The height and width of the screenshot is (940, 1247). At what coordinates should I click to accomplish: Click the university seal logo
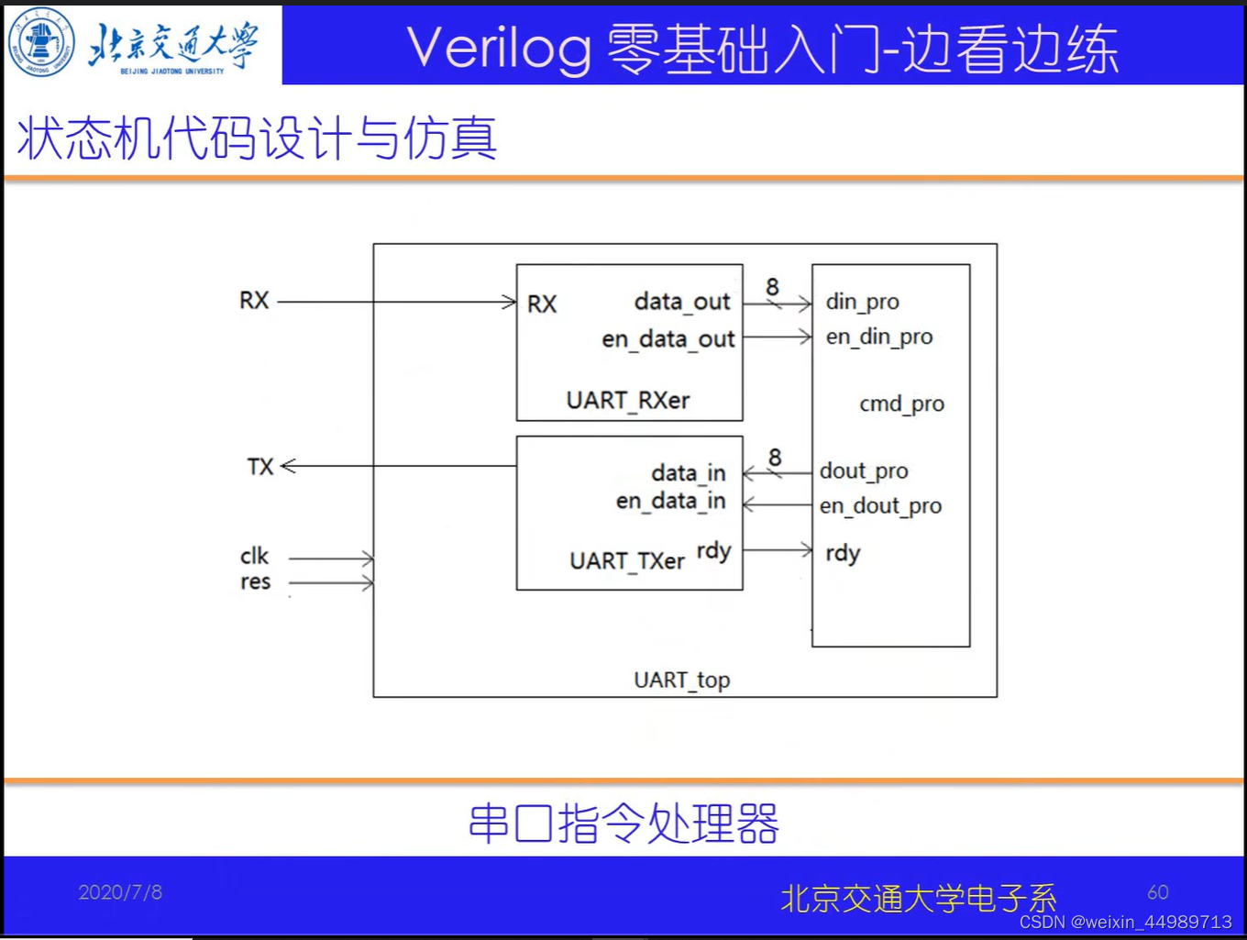point(41,43)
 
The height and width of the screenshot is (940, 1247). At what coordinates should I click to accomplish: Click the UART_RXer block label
point(628,401)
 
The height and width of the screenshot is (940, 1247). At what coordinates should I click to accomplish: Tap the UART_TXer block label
point(627,561)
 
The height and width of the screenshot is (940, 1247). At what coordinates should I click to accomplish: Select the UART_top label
point(681,680)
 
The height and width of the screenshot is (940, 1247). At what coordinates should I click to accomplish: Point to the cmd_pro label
point(901,404)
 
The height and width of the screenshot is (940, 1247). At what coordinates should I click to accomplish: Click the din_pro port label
point(862,302)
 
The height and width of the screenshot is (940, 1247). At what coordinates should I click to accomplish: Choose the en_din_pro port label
point(878,337)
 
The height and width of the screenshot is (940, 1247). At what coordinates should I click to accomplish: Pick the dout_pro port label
point(864,471)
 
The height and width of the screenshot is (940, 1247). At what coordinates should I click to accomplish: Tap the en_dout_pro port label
point(880,506)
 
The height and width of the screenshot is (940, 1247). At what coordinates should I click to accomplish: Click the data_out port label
point(682,302)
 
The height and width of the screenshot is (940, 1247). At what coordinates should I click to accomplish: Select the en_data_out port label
point(668,339)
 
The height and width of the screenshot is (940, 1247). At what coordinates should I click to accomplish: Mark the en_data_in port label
point(670,502)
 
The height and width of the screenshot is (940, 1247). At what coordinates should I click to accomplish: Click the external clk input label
point(254,557)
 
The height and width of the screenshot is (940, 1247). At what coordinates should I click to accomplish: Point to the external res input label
point(255,582)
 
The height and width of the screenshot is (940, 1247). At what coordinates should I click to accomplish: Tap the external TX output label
point(259,467)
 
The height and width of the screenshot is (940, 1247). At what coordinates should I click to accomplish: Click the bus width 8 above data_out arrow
point(772,287)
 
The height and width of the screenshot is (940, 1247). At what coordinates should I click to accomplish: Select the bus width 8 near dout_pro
point(775,457)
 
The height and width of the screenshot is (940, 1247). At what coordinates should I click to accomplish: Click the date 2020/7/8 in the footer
point(120,892)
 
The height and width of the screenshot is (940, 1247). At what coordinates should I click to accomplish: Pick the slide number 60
point(1158,892)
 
